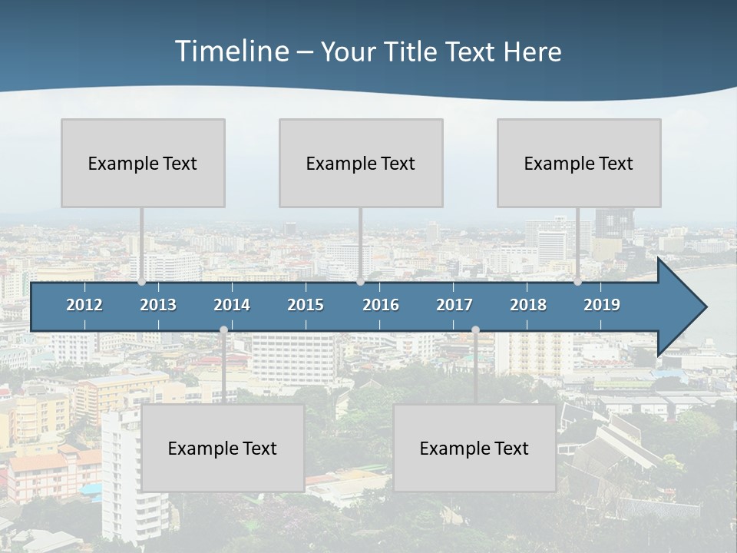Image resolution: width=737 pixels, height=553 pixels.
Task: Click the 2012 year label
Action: click(84, 305)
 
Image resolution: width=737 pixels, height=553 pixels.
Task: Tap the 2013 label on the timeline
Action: click(158, 305)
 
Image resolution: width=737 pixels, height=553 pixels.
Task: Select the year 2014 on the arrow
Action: click(232, 305)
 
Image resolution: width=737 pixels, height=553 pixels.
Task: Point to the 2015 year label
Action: click(306, 305)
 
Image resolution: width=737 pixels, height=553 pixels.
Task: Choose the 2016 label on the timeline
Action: click(381, 305)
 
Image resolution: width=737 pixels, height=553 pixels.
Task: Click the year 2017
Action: click(454, 305)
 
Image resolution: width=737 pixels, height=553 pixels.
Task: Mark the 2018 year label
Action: click(528, 305)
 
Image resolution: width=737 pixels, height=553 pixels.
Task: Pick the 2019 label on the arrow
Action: click(602, 305)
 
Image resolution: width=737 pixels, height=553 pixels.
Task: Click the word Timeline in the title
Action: click(231, 51)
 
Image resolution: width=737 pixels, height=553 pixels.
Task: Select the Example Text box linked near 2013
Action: click(143, 163)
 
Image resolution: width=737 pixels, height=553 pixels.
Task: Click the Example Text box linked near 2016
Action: click(361, 163)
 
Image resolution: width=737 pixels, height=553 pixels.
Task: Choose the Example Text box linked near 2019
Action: click(579, 163)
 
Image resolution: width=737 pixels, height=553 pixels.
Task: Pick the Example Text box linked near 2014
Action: click(223, 448)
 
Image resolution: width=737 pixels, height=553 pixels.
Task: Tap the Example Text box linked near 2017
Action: click(474, 448)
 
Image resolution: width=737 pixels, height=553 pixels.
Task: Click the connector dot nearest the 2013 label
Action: click(142, 282)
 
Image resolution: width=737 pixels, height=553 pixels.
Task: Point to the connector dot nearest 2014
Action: click(223, 329)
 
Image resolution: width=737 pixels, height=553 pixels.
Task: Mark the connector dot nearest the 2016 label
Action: click(360, 282)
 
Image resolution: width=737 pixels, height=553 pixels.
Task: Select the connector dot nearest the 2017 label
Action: click(475, 329)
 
